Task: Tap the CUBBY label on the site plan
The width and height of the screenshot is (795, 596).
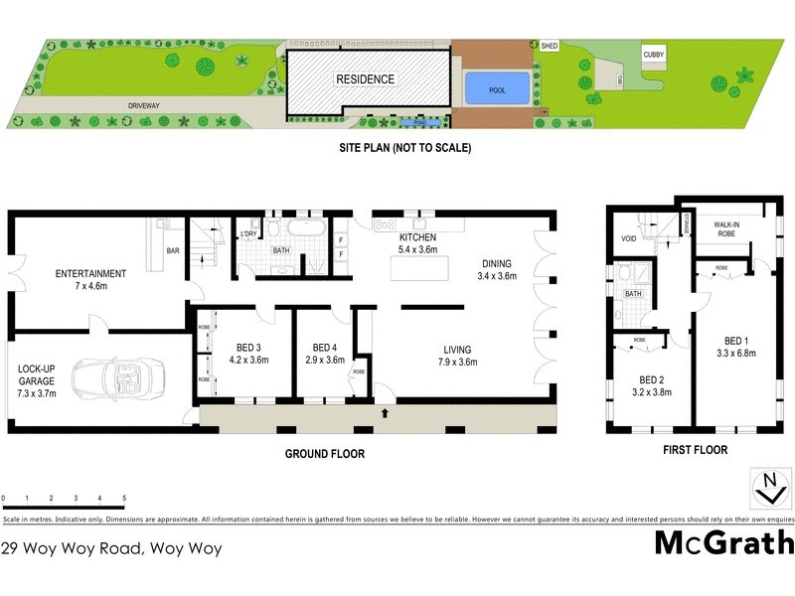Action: point(653,56)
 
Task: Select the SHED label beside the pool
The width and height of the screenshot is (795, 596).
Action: point(550,46)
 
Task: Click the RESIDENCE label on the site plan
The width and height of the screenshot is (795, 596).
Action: point(365,79)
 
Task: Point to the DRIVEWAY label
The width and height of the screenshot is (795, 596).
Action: point(144,103)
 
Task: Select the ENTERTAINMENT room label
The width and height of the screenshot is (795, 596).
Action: point(90,274)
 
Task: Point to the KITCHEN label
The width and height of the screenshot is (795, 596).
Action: point(418,239)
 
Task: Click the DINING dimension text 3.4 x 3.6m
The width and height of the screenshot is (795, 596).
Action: point(498,276)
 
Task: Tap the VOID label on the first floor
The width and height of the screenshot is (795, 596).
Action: point(628,238)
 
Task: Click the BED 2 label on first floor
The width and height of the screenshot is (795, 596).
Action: point(651,378)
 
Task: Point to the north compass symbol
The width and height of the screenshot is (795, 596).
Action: point(768,487)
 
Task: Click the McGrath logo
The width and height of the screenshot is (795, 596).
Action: point(724,541)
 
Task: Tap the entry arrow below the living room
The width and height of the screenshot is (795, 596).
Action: point(385,411)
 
